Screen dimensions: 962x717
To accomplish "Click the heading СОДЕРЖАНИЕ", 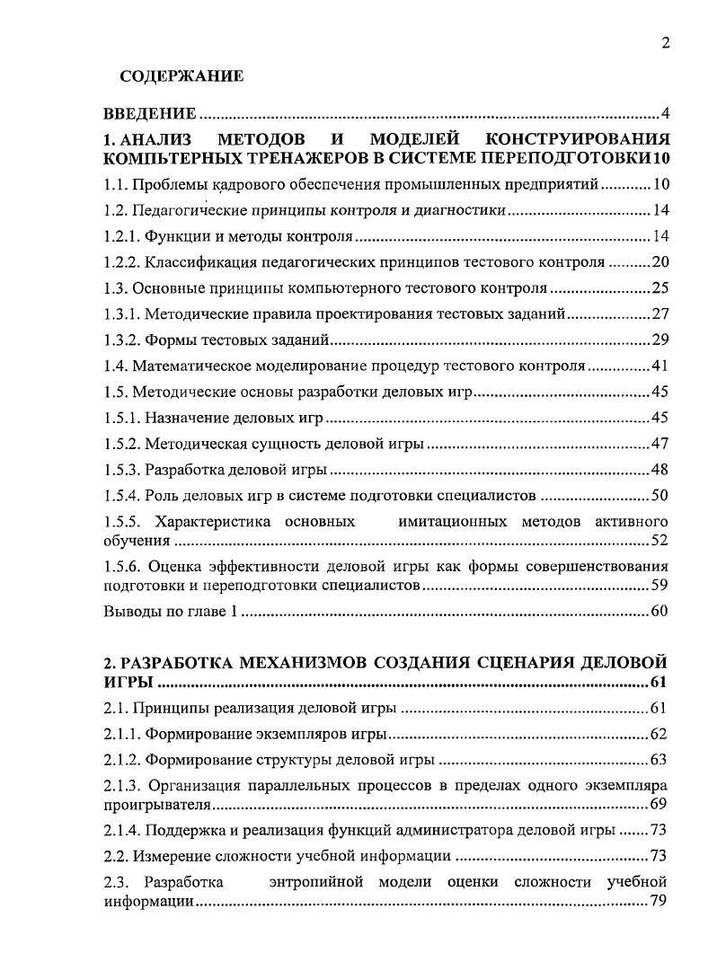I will (181, 77).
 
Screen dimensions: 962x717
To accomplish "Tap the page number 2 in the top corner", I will (666, 42).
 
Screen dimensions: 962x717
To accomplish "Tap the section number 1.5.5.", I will (126, 522).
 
